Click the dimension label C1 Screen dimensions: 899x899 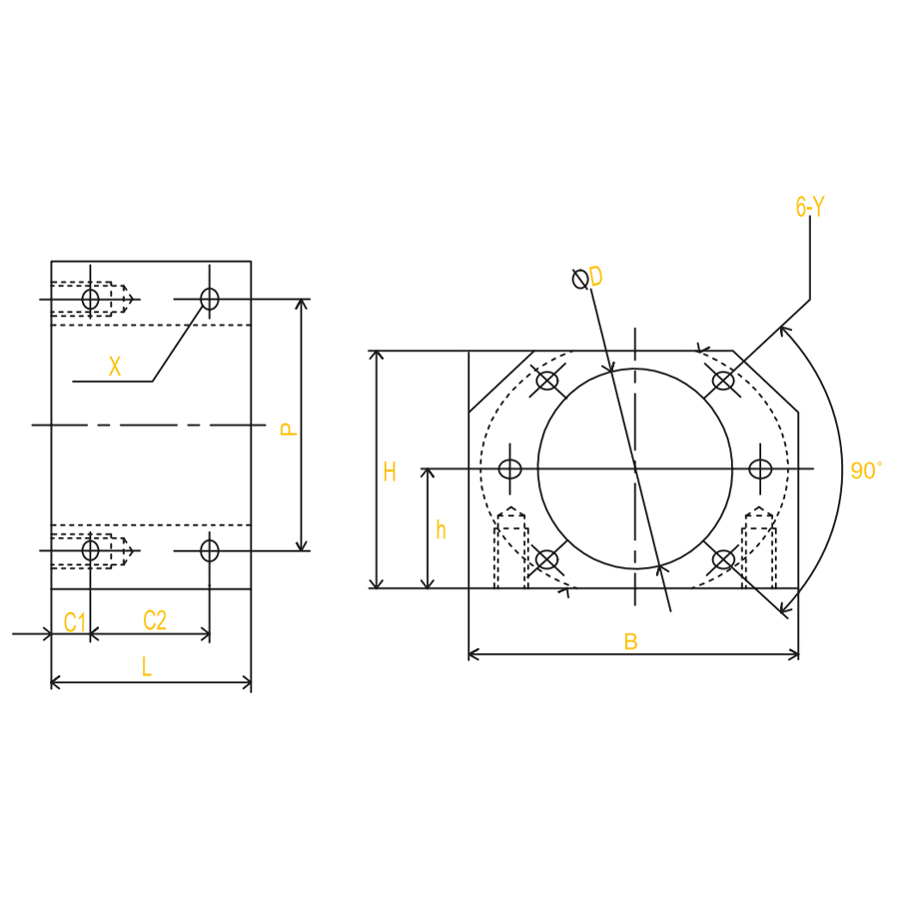click(x=75, y=622)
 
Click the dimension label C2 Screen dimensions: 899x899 click(x=154, y=620)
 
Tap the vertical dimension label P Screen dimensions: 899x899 click(x=288, y=429)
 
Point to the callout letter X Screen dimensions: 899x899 click(x=115, y=368)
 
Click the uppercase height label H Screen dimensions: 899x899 click(x=390, y=472)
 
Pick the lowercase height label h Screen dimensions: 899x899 click(x=441, y=529)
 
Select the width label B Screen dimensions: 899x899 click(x=630, y=641)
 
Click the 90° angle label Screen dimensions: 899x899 click(x=866, y=470)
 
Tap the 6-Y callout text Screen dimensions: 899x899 click(x=810, y=208)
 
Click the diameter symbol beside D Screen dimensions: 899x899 click(x=579, y=279)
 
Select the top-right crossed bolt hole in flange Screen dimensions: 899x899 click(x=723, y=381)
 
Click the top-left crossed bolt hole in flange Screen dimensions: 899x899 click(x=547, y=381)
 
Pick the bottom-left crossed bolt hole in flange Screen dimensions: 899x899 click(x=547, y=559)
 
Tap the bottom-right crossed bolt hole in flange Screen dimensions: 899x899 click(x=723, y=559)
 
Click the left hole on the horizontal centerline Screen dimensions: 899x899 click(x=510, y=468)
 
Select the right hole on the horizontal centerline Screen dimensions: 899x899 click(x=760, y=468)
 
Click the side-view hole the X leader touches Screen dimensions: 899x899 click(x=209, y=299)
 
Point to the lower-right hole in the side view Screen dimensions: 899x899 click(x=209, y=549)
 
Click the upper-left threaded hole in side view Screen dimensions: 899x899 click(x=90, y=299)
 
